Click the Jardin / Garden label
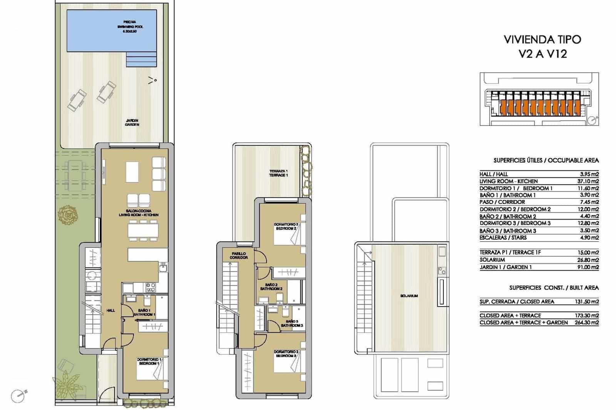[x=132, y=123]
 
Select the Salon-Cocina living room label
[x=139, y=213]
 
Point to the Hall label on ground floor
[x=110, y=310]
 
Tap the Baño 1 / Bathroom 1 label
[x=144, y=312]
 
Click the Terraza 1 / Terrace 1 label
[x=278, y=173]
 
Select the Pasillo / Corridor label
[x=239, y=256]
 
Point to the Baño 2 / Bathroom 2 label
[x=271, y=287]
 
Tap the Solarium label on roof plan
[x=408, y=296]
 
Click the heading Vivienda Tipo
[x=542, y=39]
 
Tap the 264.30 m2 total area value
[x=589, y=323]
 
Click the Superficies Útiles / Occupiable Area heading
[x=546, y=160]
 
